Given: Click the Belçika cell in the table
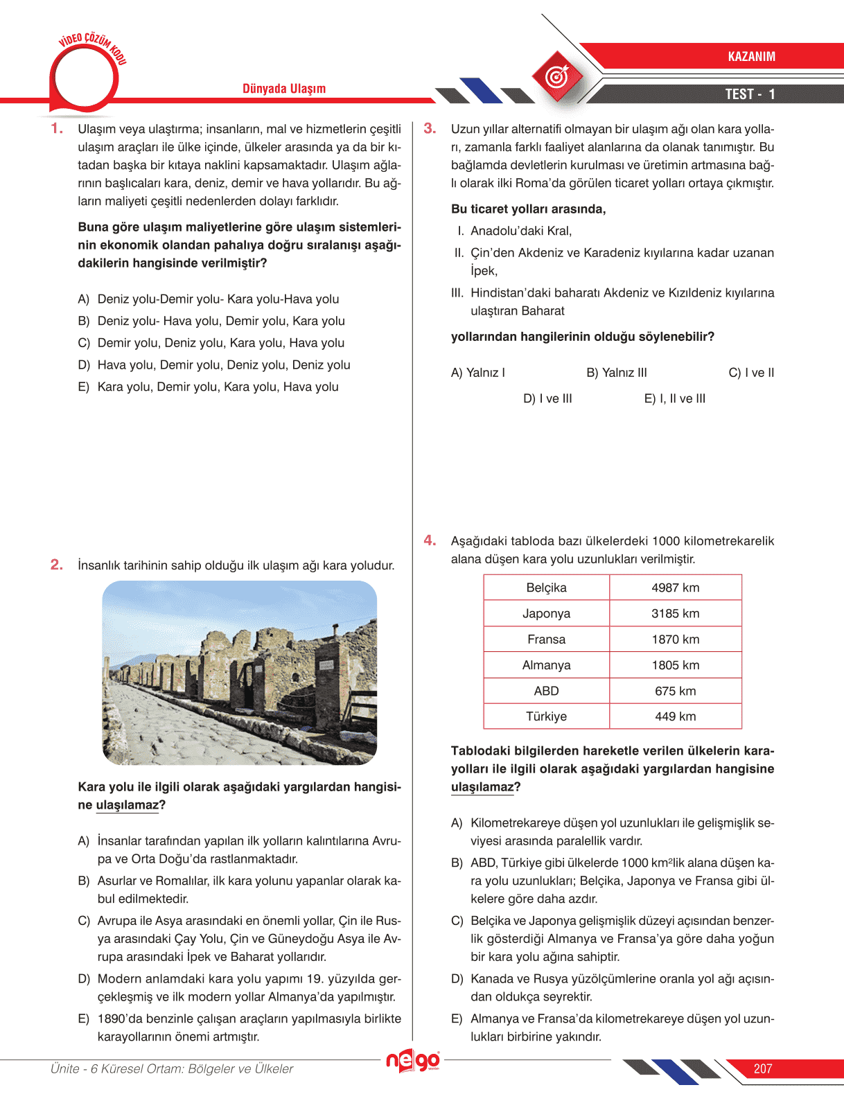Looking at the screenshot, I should coord(546,588).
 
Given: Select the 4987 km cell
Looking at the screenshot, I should coord(675,588).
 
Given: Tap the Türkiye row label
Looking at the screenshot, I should coord(546,716).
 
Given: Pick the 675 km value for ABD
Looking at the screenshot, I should coord(675,691).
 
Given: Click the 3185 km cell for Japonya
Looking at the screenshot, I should coord(675,613).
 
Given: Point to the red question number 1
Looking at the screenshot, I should coord(57,128).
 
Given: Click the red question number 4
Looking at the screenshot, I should coord(430,540).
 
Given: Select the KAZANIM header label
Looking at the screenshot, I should coord(751,57).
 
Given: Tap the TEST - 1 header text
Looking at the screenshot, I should coord(750,94).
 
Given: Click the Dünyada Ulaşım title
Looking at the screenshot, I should coord(284,89).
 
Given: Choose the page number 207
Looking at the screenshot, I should coord(763,1068).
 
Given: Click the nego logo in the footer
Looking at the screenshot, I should coord(413,1061).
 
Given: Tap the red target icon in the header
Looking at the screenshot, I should coord(557,76).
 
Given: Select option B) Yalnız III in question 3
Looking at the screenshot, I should coord(617,373).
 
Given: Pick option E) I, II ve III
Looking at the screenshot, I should coord(675,398).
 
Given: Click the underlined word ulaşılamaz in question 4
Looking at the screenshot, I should coord(482,787).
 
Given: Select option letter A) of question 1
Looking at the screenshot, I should coord(84,299).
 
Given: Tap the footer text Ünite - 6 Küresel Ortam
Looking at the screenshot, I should coord(172,1068).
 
